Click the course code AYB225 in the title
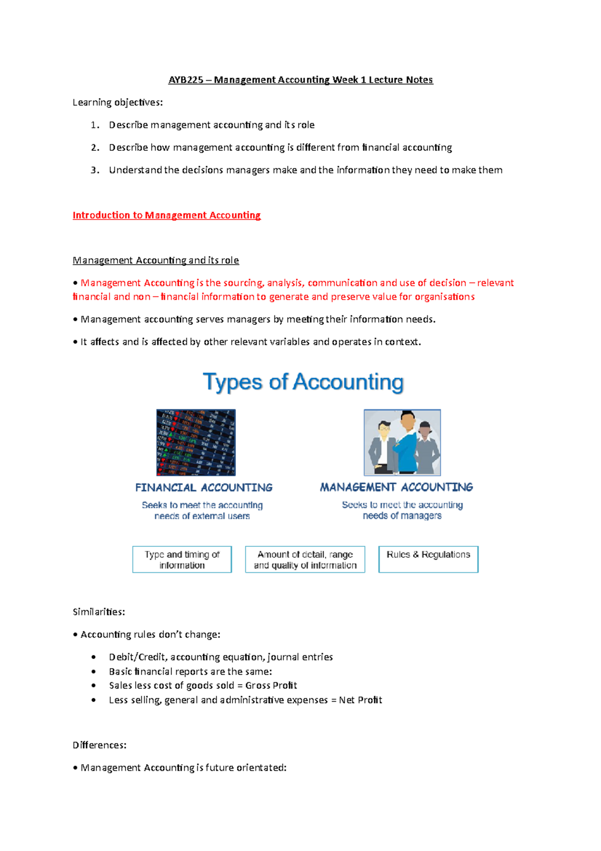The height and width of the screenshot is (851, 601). pos(186,80)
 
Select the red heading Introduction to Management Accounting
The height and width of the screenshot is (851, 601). pos(166,215)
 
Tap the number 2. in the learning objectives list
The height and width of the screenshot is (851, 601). pos(95,147)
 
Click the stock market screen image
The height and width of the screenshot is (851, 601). pos(196,442)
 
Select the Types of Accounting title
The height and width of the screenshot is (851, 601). pos(303,382)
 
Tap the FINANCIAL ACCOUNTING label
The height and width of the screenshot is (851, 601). pos(204,487)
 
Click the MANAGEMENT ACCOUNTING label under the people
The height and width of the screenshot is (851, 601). pos(396,487)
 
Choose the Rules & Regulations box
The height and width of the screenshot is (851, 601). pos(428,559)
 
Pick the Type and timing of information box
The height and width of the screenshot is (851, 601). pos(182,559)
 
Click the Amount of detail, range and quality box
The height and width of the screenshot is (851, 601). pos(305,559)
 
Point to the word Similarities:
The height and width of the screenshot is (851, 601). pos(99,612)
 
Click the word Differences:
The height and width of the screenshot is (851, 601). pos(99,745)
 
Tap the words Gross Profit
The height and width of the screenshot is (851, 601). pos(271,685)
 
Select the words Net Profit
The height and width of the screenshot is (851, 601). pos(360,700)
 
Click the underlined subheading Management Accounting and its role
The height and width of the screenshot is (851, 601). pos(156,260)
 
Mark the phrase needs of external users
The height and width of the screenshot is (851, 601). pos(202,516)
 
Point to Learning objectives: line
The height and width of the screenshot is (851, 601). pos(118,102)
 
